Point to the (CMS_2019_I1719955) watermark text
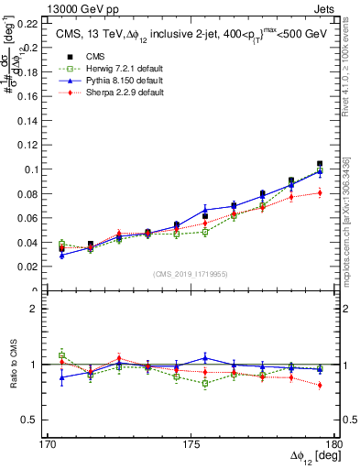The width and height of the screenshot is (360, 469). coord(191,273)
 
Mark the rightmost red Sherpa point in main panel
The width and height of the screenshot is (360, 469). coord(320,192)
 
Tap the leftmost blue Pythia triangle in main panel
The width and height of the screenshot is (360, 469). coord(61,255)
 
